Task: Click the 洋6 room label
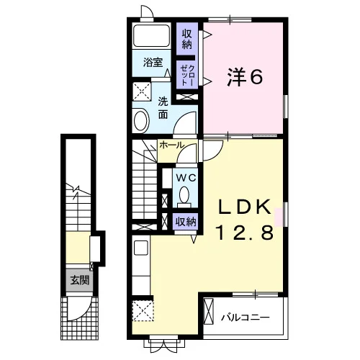coord(245,76)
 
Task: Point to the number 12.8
coord(245,233)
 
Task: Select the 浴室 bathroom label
coord(153,63)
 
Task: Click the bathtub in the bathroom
coord(152,36)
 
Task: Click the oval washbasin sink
coord(142,120)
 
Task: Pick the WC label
coord(186,178)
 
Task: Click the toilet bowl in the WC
coord(184,195)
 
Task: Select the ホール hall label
coord(172,145)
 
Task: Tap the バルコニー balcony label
coord(246,318)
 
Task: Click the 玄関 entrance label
coord(80,280)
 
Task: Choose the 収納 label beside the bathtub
coord(187,39)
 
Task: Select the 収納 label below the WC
coord(186,222)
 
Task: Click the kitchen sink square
coord(141,248)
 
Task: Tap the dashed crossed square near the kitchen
coord(143,310)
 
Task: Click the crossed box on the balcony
coord(208,311)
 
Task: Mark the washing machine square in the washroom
coord(142,91)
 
